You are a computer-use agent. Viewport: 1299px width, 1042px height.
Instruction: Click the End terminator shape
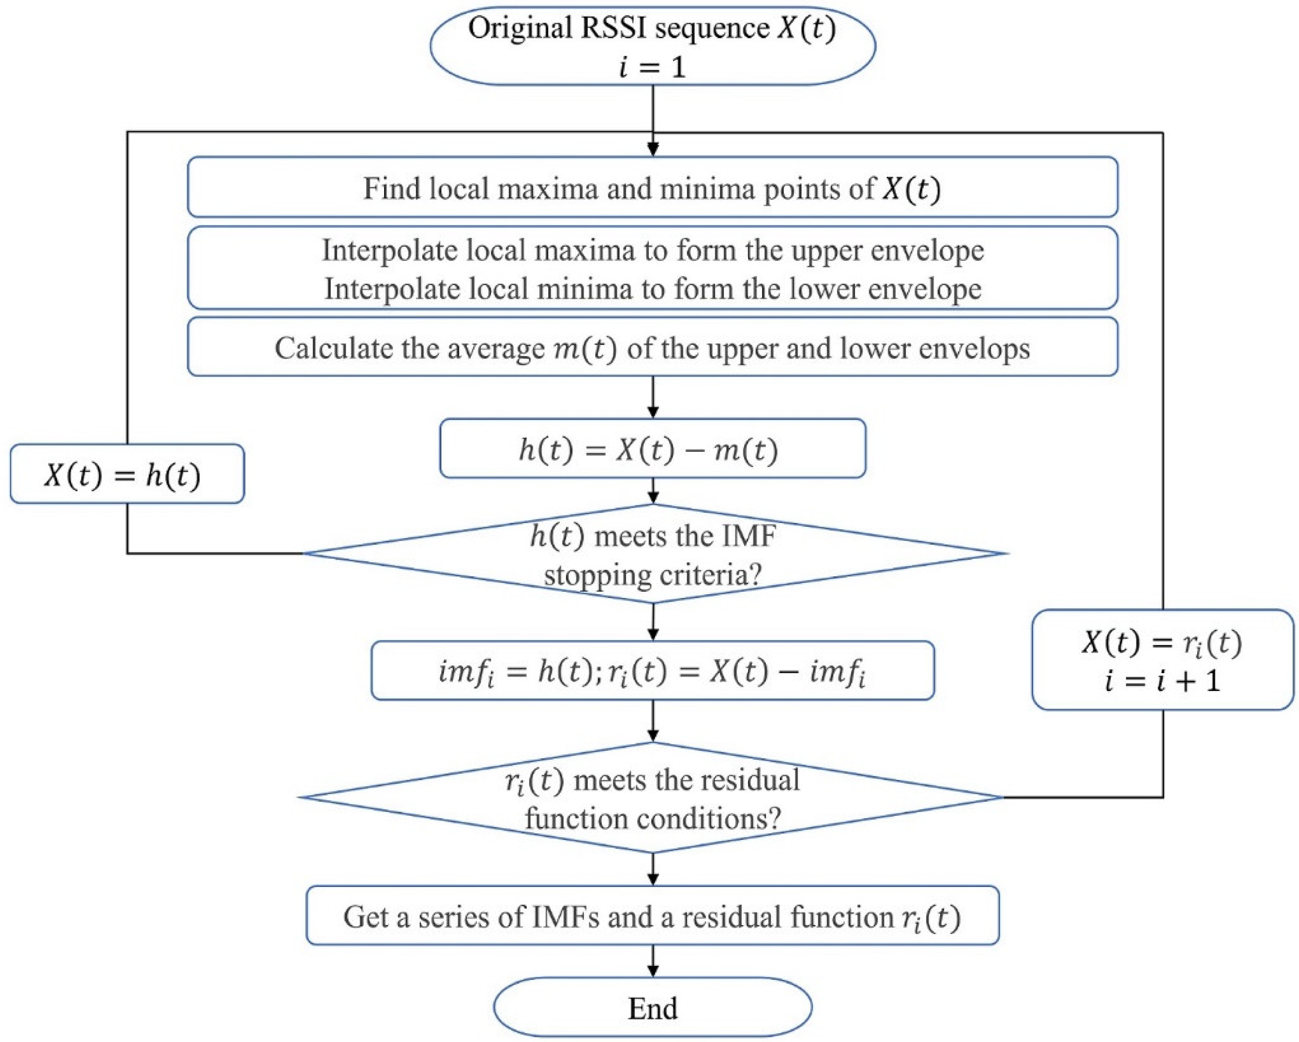tap(652, 1008)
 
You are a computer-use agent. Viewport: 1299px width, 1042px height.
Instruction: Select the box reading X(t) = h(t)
tap(127, 474)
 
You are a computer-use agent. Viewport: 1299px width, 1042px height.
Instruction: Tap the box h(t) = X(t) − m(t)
tap(652, 448)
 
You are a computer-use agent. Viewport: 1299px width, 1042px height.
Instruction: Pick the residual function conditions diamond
tap(652, 798)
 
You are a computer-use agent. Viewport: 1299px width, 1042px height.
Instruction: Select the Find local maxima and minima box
tap(652, 187)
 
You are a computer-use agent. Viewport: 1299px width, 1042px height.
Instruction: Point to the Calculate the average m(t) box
tap(652, 347)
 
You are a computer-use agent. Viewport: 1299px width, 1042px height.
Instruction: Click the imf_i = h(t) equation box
tap(652, 670)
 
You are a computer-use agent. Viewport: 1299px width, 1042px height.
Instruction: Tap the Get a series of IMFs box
tap(652, 916)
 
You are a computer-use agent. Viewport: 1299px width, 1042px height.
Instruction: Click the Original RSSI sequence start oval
tap(652, 46)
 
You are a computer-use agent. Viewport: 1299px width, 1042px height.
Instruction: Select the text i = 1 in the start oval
tap(652, 66)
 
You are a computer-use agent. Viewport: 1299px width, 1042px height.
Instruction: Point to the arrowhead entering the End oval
tap(652, 971)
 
